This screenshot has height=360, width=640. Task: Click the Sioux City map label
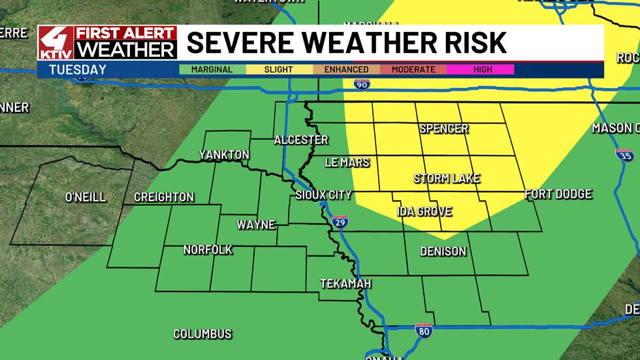pos(323,195)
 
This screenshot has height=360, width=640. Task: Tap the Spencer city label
pos(444,129)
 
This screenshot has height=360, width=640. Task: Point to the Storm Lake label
pos(447,178)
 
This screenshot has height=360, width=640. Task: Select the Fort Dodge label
pos(558,194)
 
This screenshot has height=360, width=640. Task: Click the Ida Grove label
pos(424,212)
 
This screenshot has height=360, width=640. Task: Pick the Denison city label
pos(443,252)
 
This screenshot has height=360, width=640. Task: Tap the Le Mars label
pos(347,162)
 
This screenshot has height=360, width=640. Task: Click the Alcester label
pos(301,140)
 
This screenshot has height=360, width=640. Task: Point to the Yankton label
pos(225,155)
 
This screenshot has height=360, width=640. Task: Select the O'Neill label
pos(86,197)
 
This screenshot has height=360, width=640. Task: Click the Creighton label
pos(164,197)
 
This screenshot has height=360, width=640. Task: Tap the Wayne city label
pos(255,225)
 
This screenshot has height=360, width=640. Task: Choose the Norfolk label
pos(208,250)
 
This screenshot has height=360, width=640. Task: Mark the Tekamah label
pos(345,284)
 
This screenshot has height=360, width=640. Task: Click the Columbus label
pos(202,334)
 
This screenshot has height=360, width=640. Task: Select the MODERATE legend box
pos(413,69)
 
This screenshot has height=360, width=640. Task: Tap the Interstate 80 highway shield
pos(423,332)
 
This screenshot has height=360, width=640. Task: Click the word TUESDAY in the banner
pos(69,69)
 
